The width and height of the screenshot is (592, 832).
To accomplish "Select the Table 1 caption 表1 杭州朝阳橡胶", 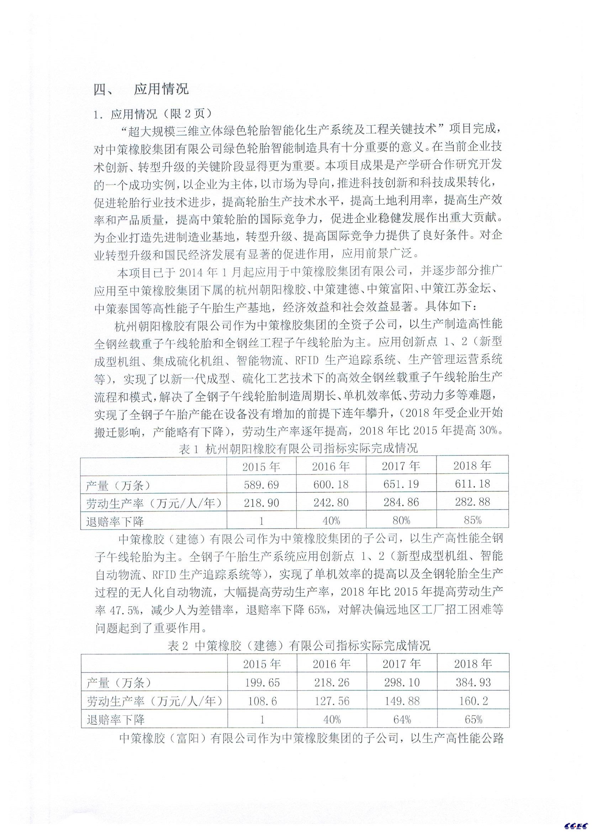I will [x=298, y=448].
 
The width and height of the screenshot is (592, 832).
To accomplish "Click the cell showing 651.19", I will [x=401, y=484].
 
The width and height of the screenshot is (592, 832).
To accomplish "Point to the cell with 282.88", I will [x=472, y=502].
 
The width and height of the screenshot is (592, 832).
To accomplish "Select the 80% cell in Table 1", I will [x=401, y=520].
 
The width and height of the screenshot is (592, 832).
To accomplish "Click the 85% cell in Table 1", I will [x=472, y=520].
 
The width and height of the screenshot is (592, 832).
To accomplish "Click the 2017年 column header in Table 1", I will [x=401, y=465].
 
